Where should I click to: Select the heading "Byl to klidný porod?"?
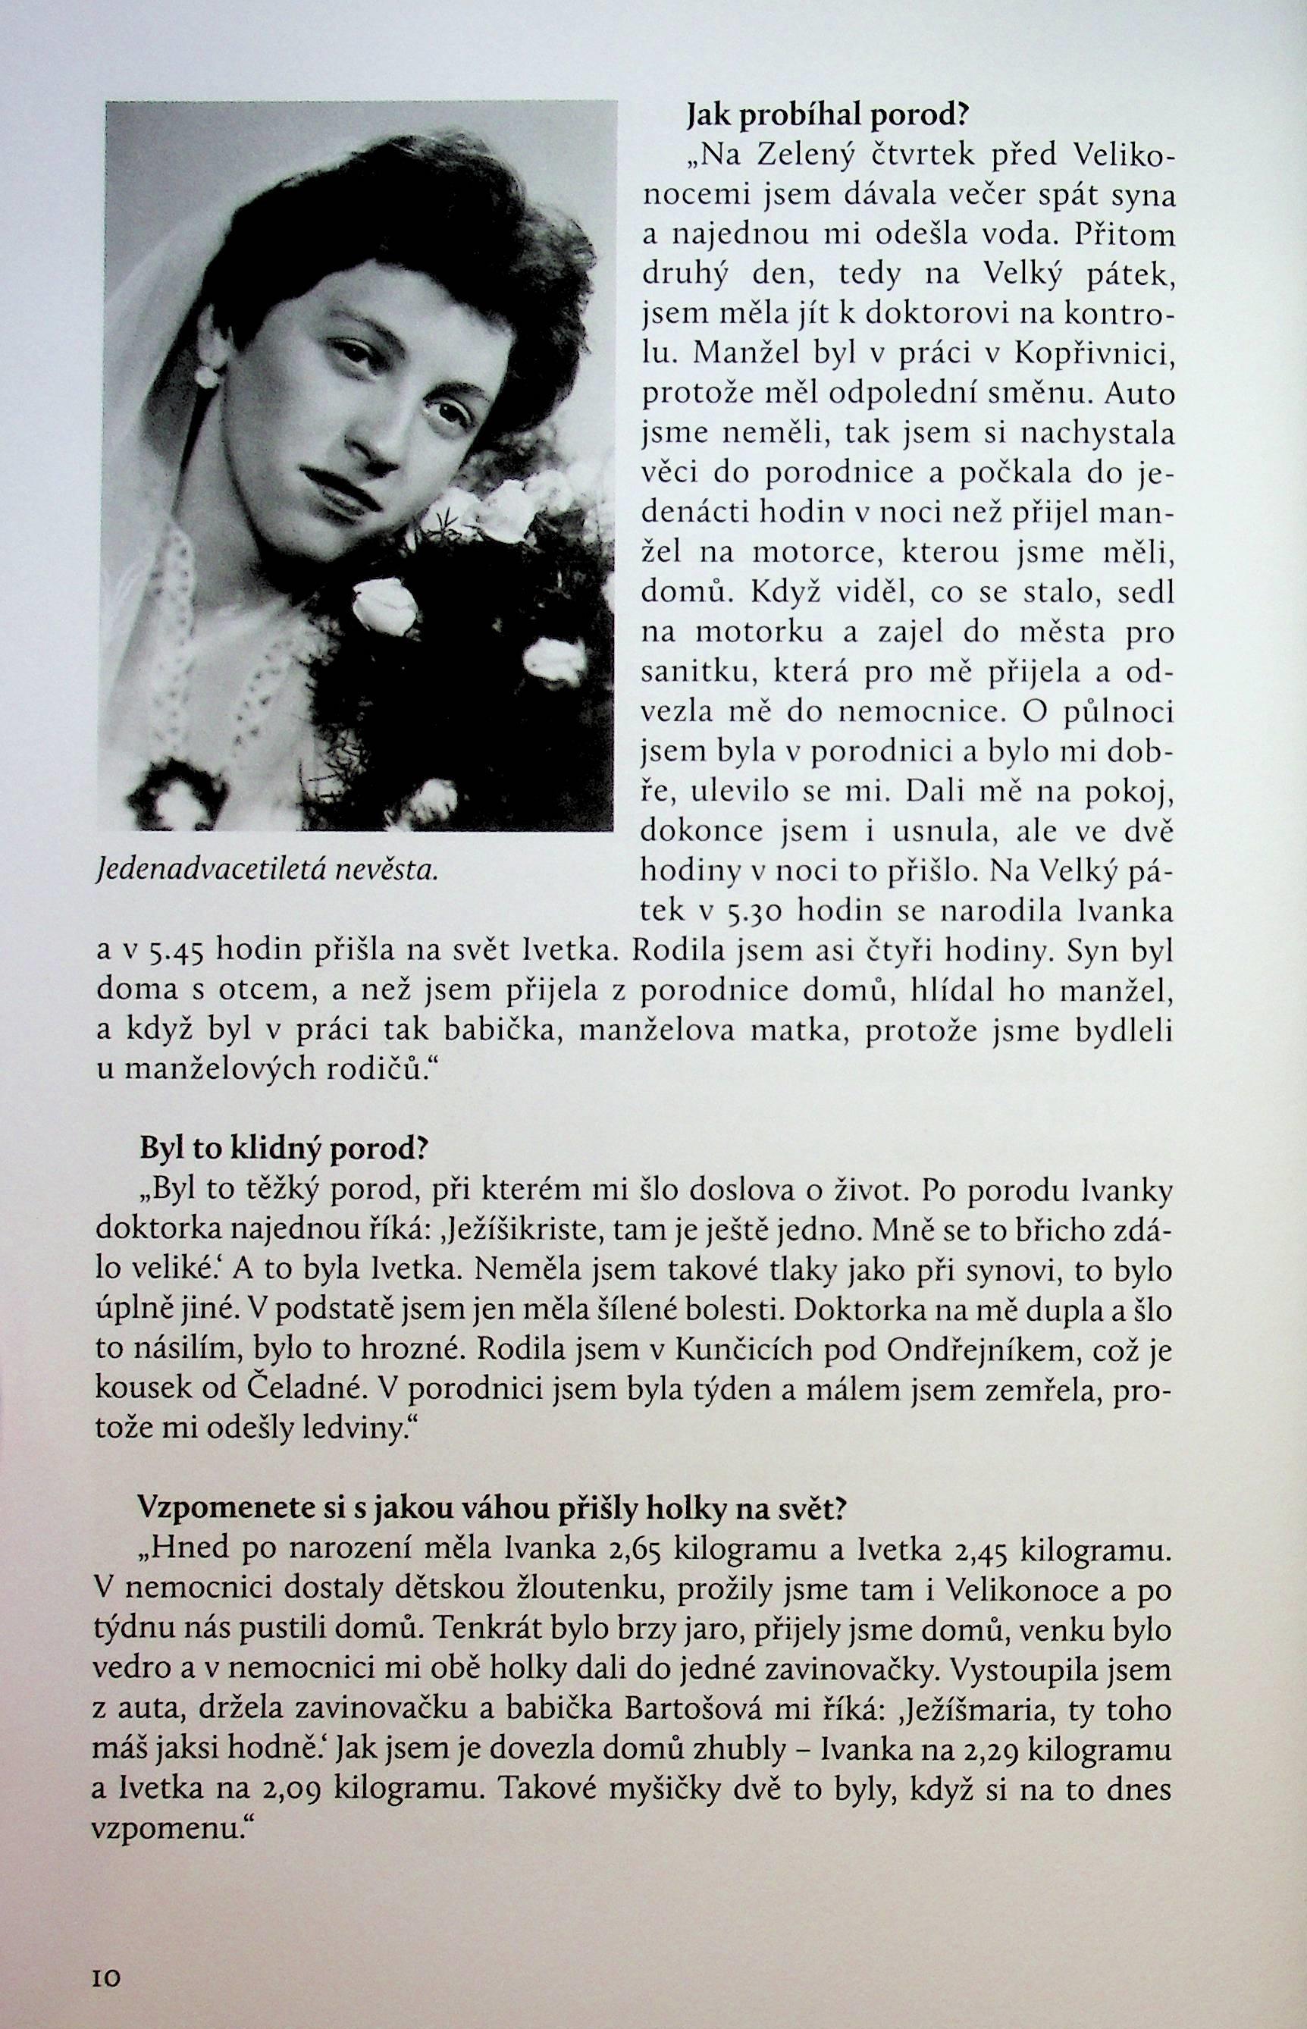tap(283, 1150)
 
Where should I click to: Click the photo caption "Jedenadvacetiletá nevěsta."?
tap(268, 868)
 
